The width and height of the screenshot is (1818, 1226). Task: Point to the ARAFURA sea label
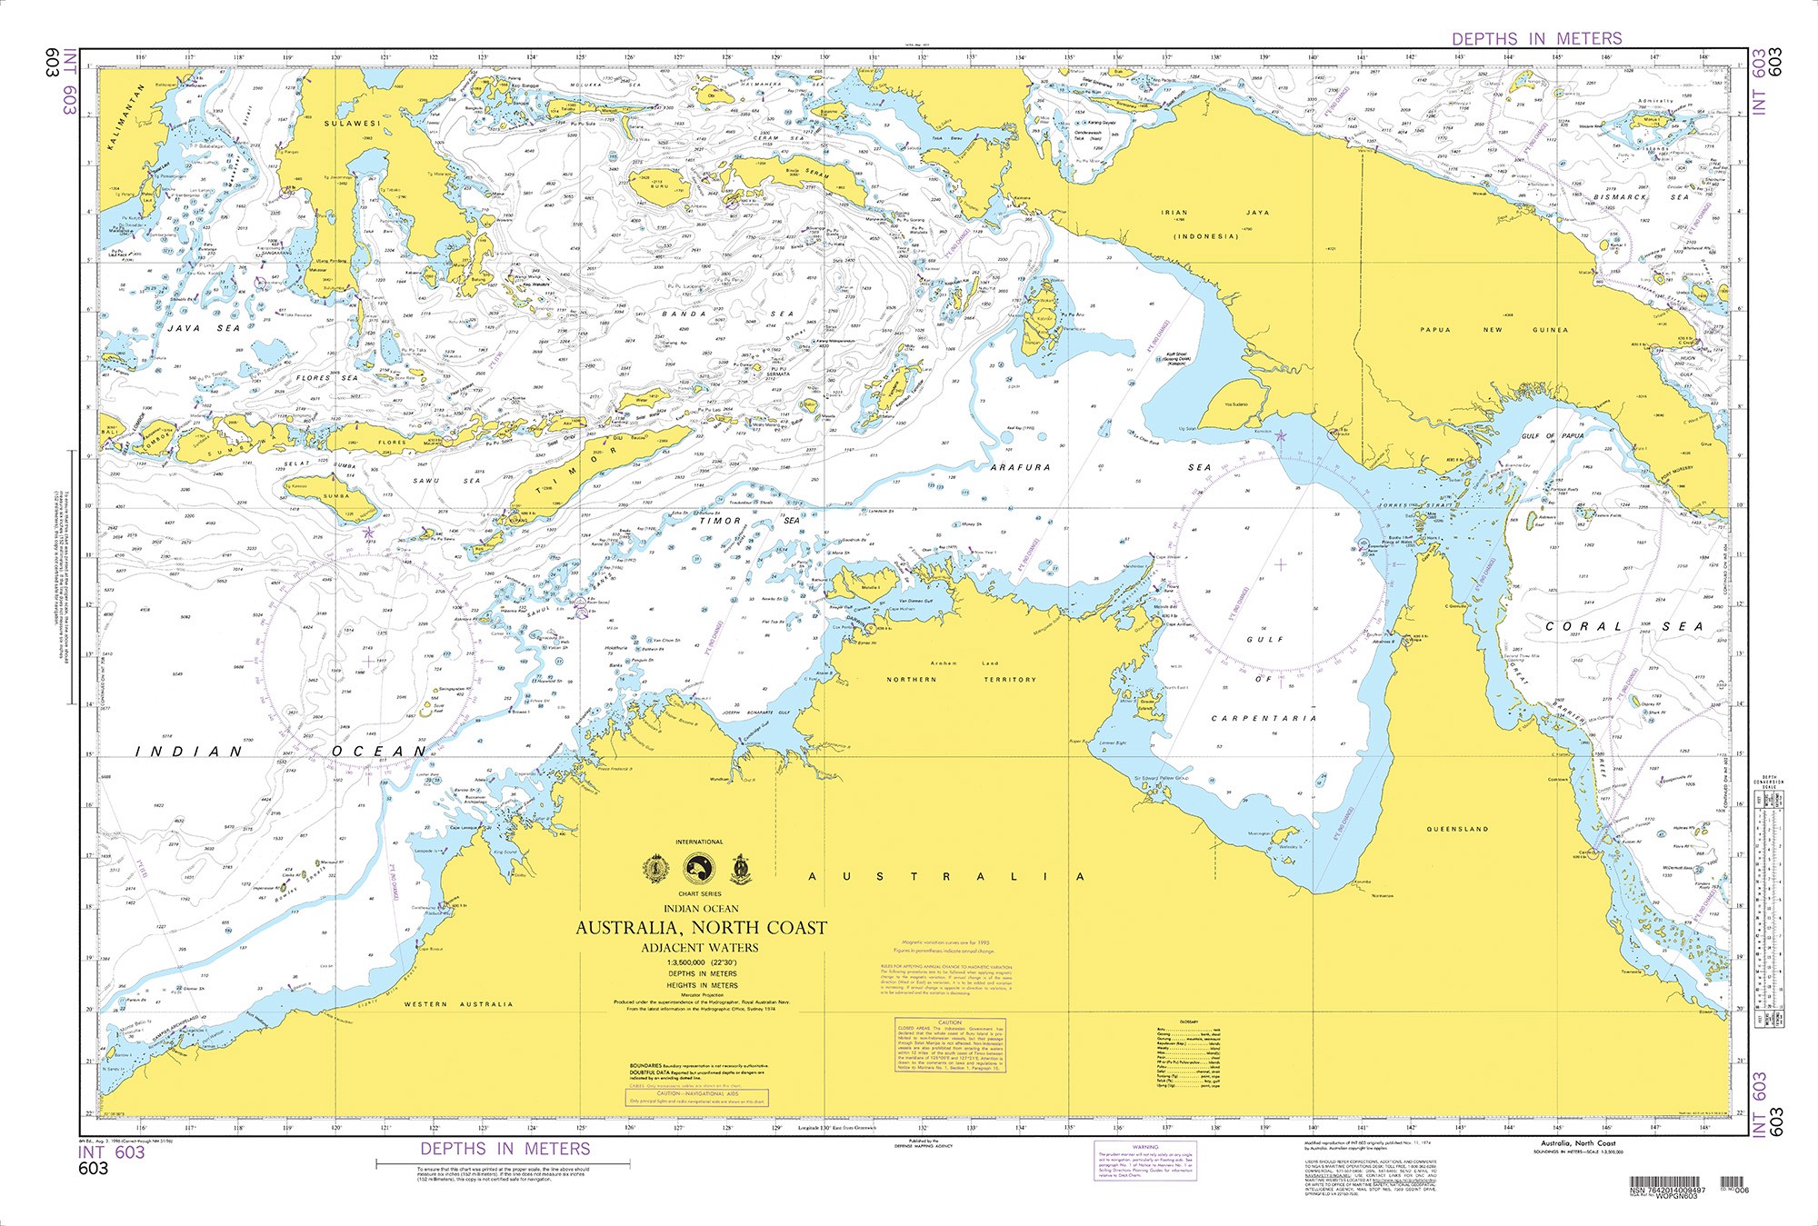pos(1021,467)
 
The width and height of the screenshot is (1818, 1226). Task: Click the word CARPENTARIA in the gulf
pos(1264,718)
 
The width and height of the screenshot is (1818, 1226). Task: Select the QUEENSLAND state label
pos(1458,829)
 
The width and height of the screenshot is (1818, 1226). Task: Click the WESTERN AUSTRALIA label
pos(458,1004)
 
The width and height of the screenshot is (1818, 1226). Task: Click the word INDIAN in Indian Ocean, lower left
pos(190,752)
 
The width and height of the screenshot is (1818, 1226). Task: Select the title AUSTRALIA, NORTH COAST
pos(701,928)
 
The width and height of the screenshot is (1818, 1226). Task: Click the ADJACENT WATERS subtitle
pos(700,947)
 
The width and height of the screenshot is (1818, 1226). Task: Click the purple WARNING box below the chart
pos(1145,1161)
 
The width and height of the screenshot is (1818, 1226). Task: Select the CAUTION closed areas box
pos(950,1043)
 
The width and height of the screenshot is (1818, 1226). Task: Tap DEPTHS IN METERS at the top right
pos(1536,38)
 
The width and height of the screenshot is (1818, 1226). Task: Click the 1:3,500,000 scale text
pos(701,962)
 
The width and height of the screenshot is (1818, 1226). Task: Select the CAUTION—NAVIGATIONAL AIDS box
pos(696,1097)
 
